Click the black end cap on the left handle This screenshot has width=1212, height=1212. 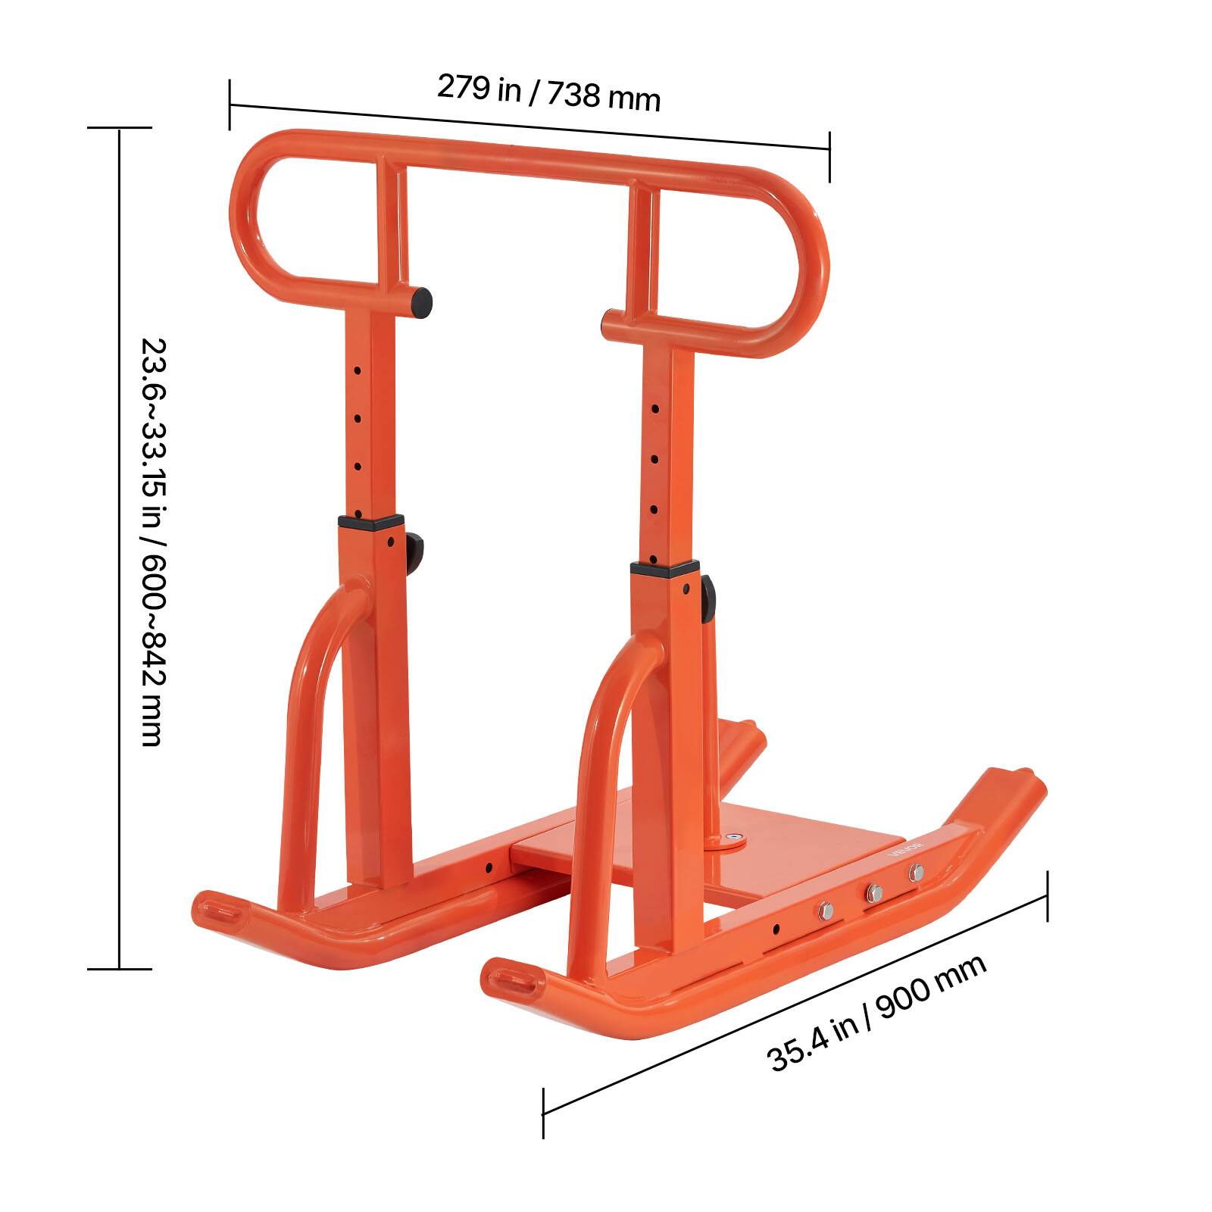click(422, 301)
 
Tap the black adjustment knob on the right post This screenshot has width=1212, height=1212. click(708, 595)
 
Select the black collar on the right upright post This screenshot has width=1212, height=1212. click(664, 570)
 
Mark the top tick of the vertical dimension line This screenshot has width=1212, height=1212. click(119, 128)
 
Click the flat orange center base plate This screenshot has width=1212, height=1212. click(803, 848)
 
